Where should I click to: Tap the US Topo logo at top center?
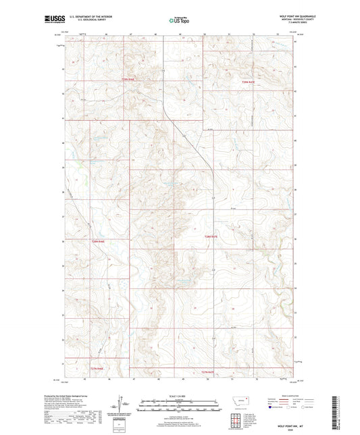[179, 20]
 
